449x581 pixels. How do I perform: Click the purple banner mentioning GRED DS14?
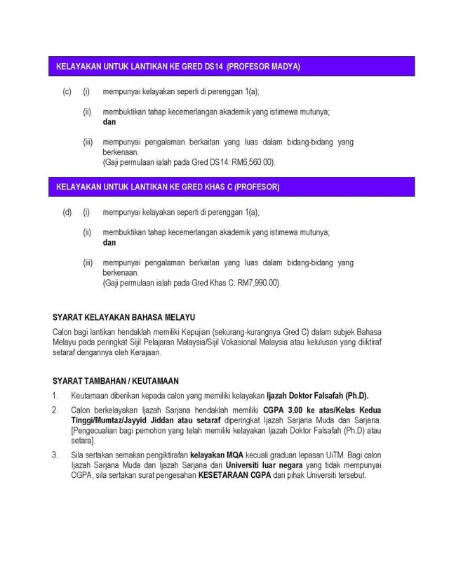[x=232, y=67]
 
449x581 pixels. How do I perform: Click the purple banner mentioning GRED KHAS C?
[x=232, y=187]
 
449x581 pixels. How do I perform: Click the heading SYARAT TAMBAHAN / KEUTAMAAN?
[x=116, y=381]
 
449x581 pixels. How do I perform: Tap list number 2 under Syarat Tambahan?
[x=55, y=410]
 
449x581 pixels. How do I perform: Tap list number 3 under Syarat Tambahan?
[x=55, y=455]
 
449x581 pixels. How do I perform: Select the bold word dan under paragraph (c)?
[x=109, y=122]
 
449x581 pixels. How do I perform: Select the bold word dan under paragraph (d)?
[x=109, y=243]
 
